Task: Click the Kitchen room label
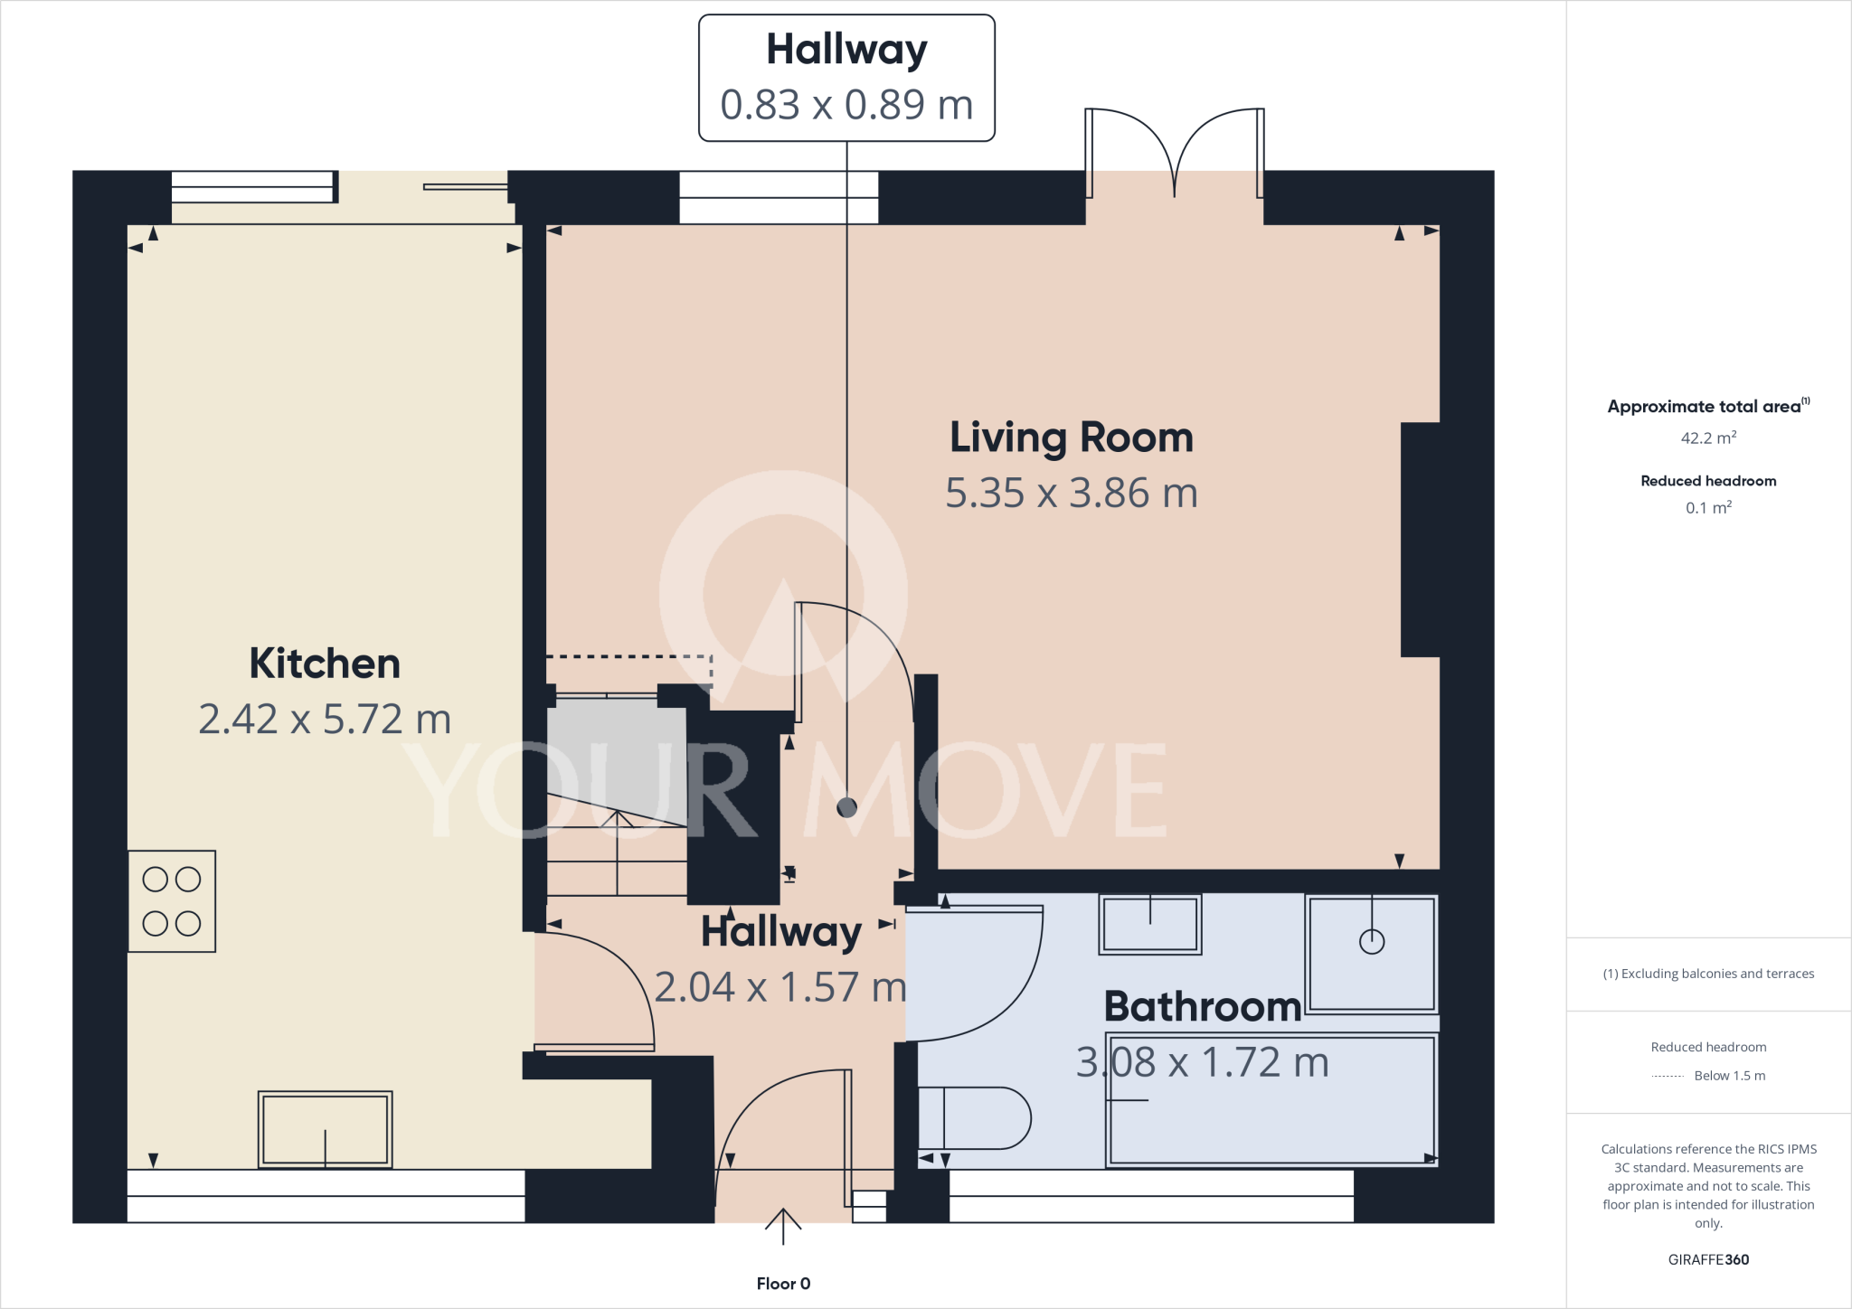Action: [x=325, y=664]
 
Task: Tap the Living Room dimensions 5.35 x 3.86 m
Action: [x=1072, y=494]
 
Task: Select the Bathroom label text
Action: [x=1202, y=1006]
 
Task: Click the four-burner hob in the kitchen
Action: [x=172, y=901]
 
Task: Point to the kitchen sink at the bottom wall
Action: [x=325, y=1130]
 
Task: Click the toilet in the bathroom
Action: [x=975, y=1118]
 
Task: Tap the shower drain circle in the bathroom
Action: [x=1372, y=942]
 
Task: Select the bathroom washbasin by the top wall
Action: [x=1150, y=924]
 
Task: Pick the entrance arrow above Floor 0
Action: [x=783, y=1226]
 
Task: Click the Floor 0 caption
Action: [x=783, y=1284]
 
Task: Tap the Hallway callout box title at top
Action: [x=846, y=50]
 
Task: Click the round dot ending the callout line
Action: [x=846, y=807]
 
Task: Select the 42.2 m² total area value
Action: [x=1708, y=438]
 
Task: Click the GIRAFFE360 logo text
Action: [x=1708, y=1259]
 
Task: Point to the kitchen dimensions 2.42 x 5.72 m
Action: [x=325, y=720]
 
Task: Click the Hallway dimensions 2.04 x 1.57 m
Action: [x=780, y=987]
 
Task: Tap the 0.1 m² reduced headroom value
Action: [x=1708, y=508]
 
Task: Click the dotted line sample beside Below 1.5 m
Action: [x=1667, y=1076]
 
